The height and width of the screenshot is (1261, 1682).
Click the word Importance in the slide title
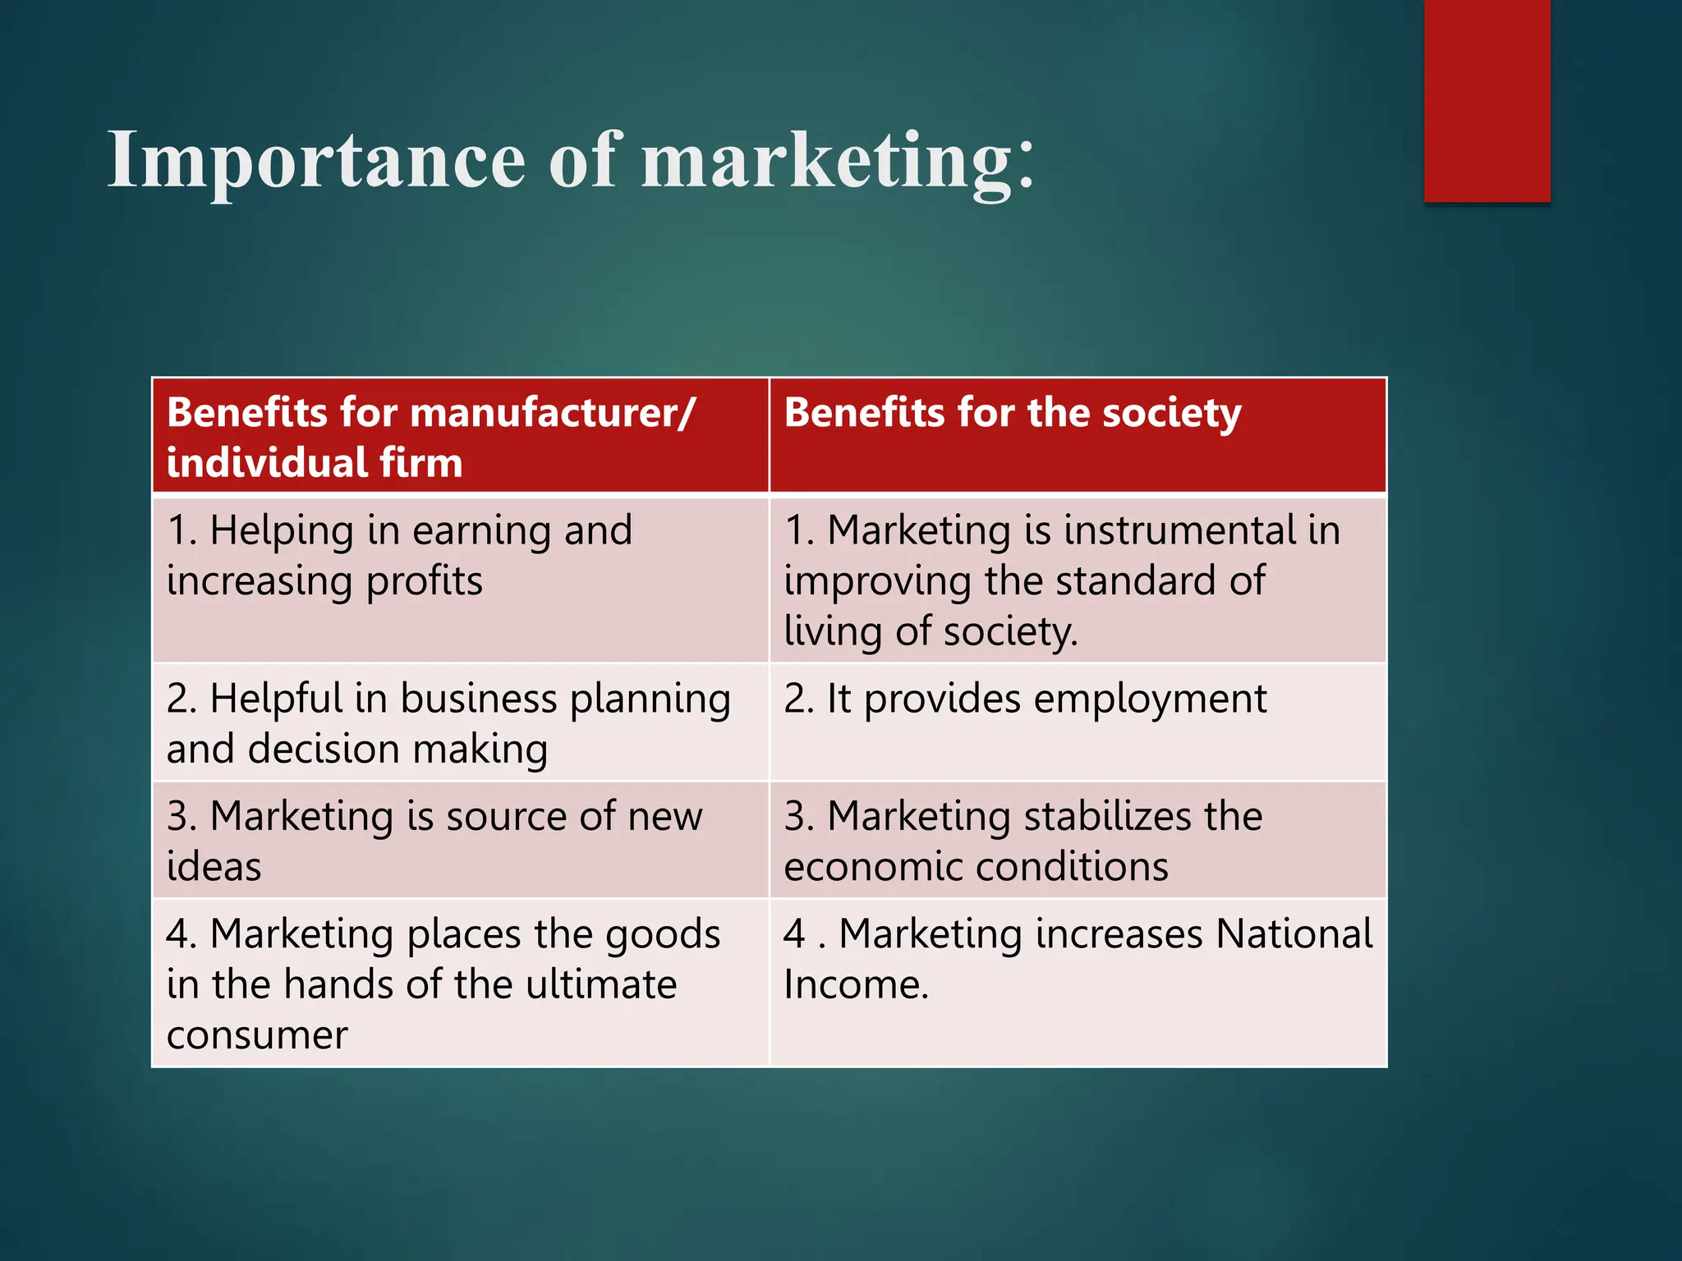click(x=316, y=161)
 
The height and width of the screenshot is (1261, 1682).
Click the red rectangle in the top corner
click(x=1487, y=100)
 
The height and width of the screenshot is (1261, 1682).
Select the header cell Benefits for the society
click(x=1078, y=436)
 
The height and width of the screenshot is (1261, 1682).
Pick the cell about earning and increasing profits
click(x=460, y=579)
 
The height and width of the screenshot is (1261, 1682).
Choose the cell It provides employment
click(x=1078, y=722)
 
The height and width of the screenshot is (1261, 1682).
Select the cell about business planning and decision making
click(x=460, y=722)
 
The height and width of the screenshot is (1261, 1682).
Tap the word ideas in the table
click(x=214, y=867)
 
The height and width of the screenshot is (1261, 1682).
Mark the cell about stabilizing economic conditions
click(x=1078, y=840)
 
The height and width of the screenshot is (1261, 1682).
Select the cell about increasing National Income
click(x=1078, y=983)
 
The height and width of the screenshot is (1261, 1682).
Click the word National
click(x=1294, y=934)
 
